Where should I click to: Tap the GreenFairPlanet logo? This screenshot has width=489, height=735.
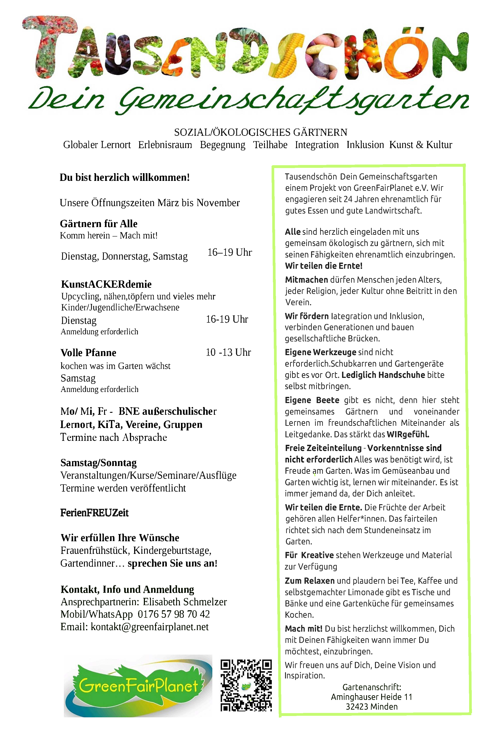[x=138, y=686]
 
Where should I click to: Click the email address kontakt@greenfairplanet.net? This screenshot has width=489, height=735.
[x=150, y=627]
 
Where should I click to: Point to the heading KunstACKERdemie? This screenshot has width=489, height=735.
[x=106, y=284]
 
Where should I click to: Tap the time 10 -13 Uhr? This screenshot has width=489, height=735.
[x=228, y=352]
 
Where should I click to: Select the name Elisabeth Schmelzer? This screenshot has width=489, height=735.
[x=185, y=602]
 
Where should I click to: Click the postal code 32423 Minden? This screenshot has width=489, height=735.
[x=371, y=707]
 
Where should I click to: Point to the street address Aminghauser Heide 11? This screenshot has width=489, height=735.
[x=371, y=697]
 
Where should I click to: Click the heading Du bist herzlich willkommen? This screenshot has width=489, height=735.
[x=125, y=177]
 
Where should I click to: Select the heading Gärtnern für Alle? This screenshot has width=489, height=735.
[x=99, y=224]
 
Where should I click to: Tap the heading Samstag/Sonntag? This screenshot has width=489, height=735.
[x=99, y=463]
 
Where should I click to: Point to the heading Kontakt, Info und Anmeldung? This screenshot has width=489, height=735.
[x=127, y=589]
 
